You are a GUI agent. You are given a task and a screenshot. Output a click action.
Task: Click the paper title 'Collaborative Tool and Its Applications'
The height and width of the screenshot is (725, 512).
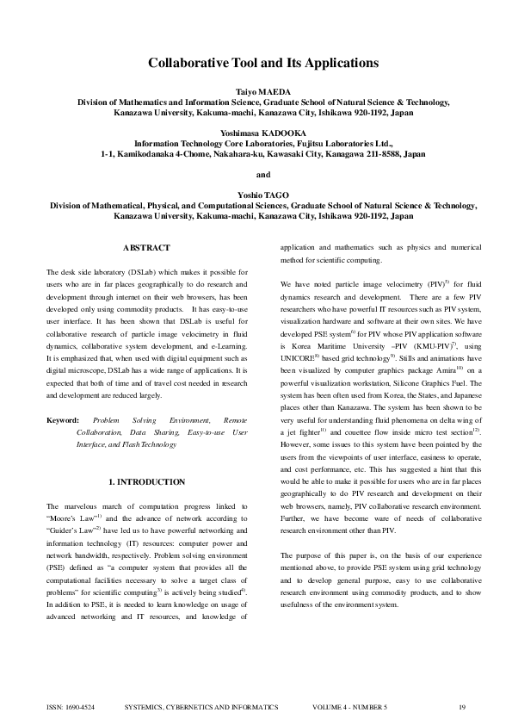[x=263, y=63]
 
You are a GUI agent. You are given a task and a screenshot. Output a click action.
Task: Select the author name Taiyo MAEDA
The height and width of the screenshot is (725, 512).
[x=263, y=90]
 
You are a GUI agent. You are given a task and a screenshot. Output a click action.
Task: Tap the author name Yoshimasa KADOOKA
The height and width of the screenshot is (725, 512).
[x=263, y=133]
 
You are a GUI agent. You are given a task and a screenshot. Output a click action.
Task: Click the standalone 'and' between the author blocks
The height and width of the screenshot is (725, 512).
[x=263, y=175]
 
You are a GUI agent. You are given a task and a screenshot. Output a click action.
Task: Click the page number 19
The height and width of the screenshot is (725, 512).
[x=462, y=707]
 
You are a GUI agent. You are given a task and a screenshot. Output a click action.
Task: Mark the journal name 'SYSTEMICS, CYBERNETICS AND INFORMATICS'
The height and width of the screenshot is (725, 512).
[x=201, y=707]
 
